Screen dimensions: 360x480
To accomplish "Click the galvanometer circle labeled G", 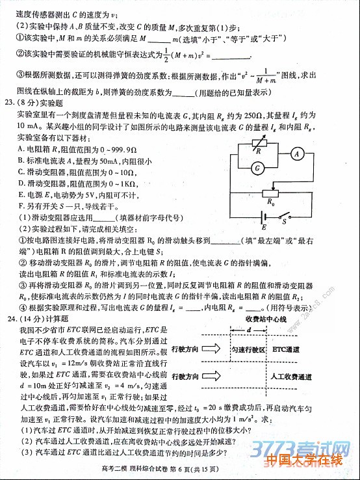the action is click(x=258, y=168).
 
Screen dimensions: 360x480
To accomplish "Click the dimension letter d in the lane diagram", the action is click(x=249, y=330).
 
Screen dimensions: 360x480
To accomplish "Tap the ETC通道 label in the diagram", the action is click(x=287, y=350).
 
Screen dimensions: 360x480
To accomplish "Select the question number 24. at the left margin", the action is click(x=9, y=319).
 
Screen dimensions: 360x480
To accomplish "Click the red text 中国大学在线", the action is click(x=303, y=461).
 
